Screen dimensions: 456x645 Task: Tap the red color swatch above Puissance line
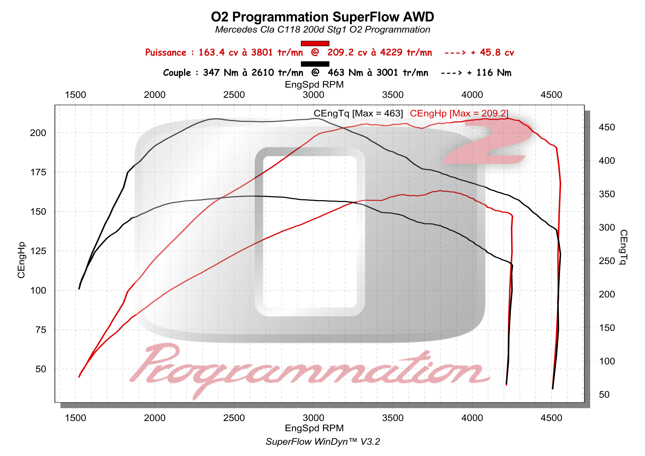pyautogui.click(x=315, y=43)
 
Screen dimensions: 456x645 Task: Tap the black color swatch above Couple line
pyautogui.click(x=315, y=64)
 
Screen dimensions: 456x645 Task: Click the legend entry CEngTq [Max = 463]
pyautogui.click(x=358, y=113)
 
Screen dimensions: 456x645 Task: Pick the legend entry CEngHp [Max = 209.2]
pyautogui.click(x=459, y=113)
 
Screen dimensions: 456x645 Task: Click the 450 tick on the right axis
pyautogui.click(x=607, y=127)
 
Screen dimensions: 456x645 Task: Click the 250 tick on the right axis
pyautogui.click(x=607, y=261)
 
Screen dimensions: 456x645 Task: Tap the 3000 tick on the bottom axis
pyautogui.click(x=313, y=418)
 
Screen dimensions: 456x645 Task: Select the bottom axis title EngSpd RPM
pyautogui.click(x=314, y=428)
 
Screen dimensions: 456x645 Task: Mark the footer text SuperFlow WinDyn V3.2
pyautogui.click(x=322, y=442)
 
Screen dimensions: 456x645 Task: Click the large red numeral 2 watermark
pyautogui.click(x=489, y=142)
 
